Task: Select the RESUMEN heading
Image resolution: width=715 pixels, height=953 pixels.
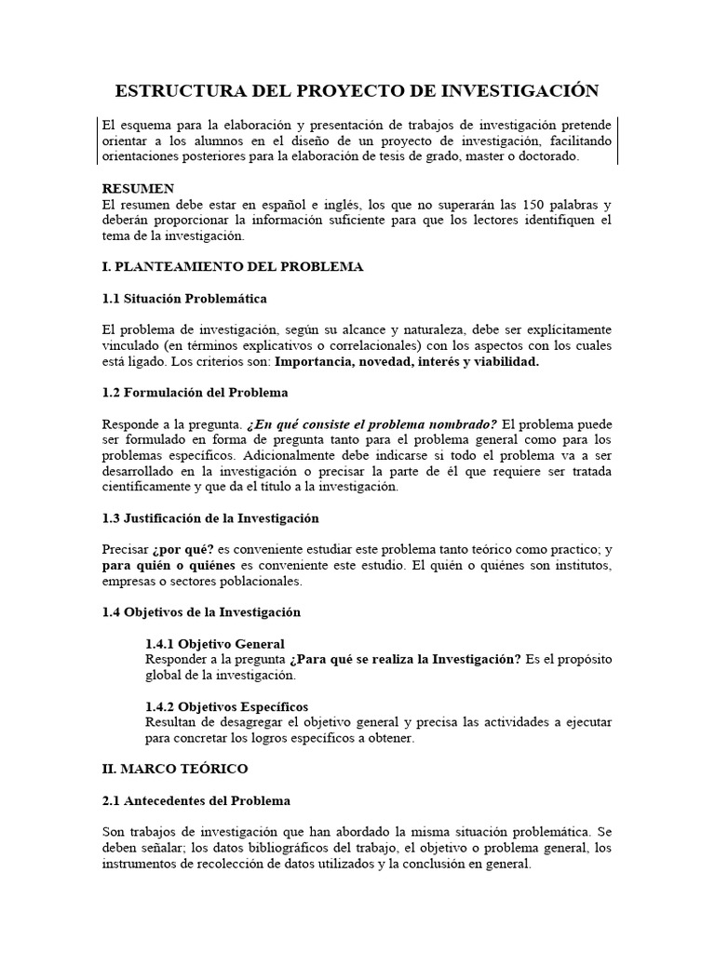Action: point(138,189)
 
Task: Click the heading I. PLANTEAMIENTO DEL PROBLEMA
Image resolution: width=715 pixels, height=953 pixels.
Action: point(232,267)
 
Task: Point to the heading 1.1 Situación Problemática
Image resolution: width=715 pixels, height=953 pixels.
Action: point(184,299)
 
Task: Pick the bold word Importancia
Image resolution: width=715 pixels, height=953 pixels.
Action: point(316,362)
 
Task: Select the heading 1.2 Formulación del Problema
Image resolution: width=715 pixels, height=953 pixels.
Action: point(195,393)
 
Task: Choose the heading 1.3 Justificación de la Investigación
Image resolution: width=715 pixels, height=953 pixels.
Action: point(209,518)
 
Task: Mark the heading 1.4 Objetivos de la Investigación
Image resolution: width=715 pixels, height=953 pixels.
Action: point(201,612)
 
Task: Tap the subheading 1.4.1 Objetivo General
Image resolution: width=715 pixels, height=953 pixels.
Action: point(215,644)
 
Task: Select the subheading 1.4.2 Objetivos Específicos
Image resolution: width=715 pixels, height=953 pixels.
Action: point(226,706)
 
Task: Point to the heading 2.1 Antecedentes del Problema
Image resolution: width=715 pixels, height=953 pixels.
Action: point(196,800)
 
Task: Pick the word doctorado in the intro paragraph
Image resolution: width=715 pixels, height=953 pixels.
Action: point(549,156)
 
